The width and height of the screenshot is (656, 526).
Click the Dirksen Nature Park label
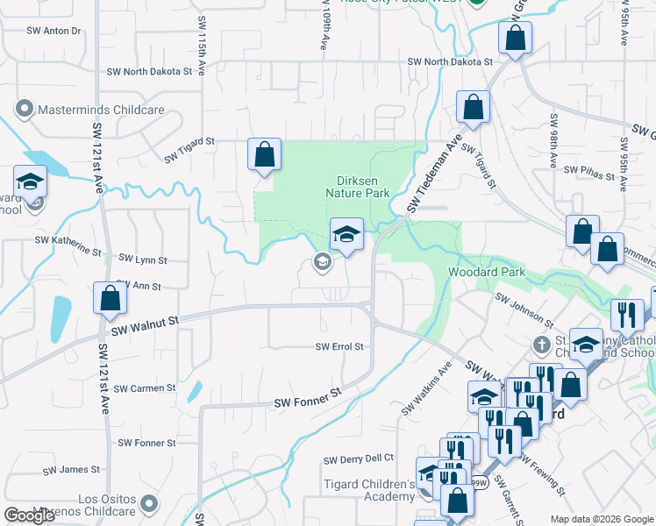click(357, 186)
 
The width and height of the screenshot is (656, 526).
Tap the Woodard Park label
click(487, 273)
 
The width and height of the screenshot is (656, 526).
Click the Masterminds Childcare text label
click(101, 110)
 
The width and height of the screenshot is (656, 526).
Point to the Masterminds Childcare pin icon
click(24, 110)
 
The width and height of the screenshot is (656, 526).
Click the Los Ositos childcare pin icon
click(149, 503)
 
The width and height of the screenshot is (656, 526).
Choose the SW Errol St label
click(339, 347)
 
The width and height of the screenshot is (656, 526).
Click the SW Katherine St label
click(68, 243)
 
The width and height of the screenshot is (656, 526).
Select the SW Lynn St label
click(144, 260)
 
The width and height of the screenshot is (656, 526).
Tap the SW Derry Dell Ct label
click(359, 459)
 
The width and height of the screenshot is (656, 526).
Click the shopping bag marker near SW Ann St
click(111, 298)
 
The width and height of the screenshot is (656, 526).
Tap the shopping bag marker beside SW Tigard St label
click(264, 154)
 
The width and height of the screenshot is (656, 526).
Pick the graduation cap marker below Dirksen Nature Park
click(346, 234)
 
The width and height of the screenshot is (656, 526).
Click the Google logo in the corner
click(29, 515)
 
